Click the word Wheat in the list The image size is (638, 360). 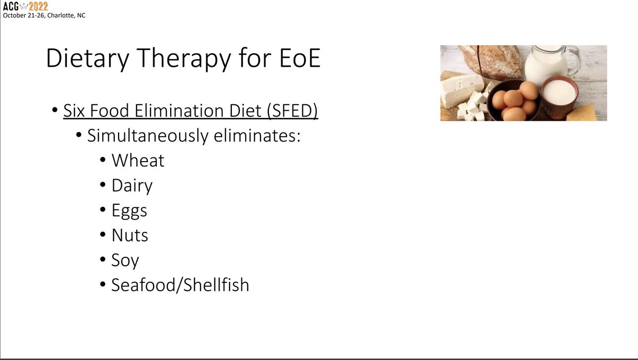138,161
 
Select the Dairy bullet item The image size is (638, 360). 132,186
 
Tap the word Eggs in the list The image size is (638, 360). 129,211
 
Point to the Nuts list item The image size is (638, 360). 130,235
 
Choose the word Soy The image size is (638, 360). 125,261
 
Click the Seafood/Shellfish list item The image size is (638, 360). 180,285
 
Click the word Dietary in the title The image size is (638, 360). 85,58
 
